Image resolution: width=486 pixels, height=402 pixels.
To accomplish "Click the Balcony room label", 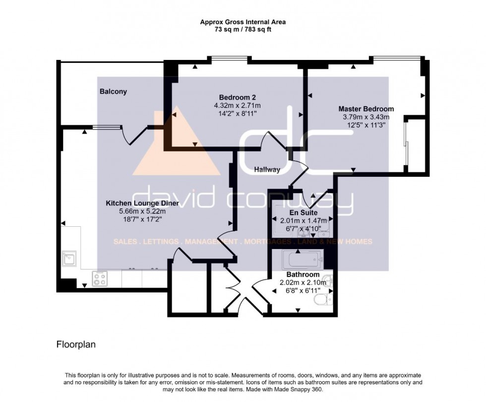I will pyautogui.click(x=113, y=92).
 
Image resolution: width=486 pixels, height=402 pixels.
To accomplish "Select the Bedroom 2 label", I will pyautogui.click(x=237, y=98).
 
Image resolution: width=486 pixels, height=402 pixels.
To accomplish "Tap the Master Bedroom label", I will pyautogui.click(x=366, y=109).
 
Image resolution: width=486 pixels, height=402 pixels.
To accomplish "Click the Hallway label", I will pyautogui.click(x=267, y=170).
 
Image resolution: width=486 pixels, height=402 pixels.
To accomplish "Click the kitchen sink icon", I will pyautogui.click(x=69, y=258).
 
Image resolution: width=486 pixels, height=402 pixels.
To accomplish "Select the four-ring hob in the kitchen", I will pyautogui.click(x=100, y=279).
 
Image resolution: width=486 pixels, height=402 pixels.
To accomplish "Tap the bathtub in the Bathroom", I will pyautogui.click(x=302, y=259).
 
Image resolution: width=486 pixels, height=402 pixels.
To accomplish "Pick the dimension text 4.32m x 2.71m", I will pyautogui.click(x=237, y=105).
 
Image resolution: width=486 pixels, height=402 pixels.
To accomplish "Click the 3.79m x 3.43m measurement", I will pyautogui.click(x=366, y=117).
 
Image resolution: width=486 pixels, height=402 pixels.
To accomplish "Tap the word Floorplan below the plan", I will pyautogui.click(x=76, y=345).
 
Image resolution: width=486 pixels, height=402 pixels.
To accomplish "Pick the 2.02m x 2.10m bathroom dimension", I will pyautogui.click(x=303, y=283).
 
